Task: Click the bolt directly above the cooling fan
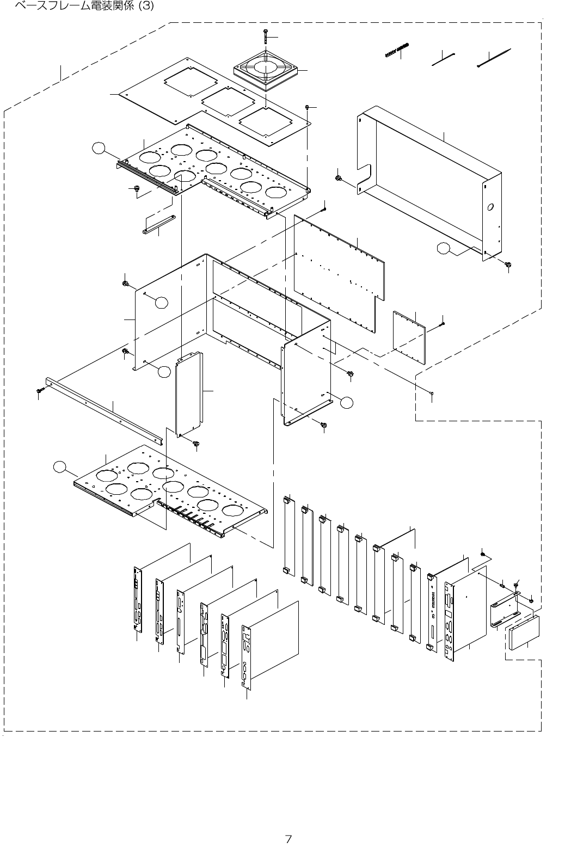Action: (264, 36)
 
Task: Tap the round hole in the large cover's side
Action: (489, 207)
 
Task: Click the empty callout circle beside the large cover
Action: (444, 249)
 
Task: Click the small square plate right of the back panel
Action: (409, 337)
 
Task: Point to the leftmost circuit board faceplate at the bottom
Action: (136, 600)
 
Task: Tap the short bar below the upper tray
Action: (159, 223)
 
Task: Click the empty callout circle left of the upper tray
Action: (98, 148)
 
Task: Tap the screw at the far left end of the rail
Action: (40, 391)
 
